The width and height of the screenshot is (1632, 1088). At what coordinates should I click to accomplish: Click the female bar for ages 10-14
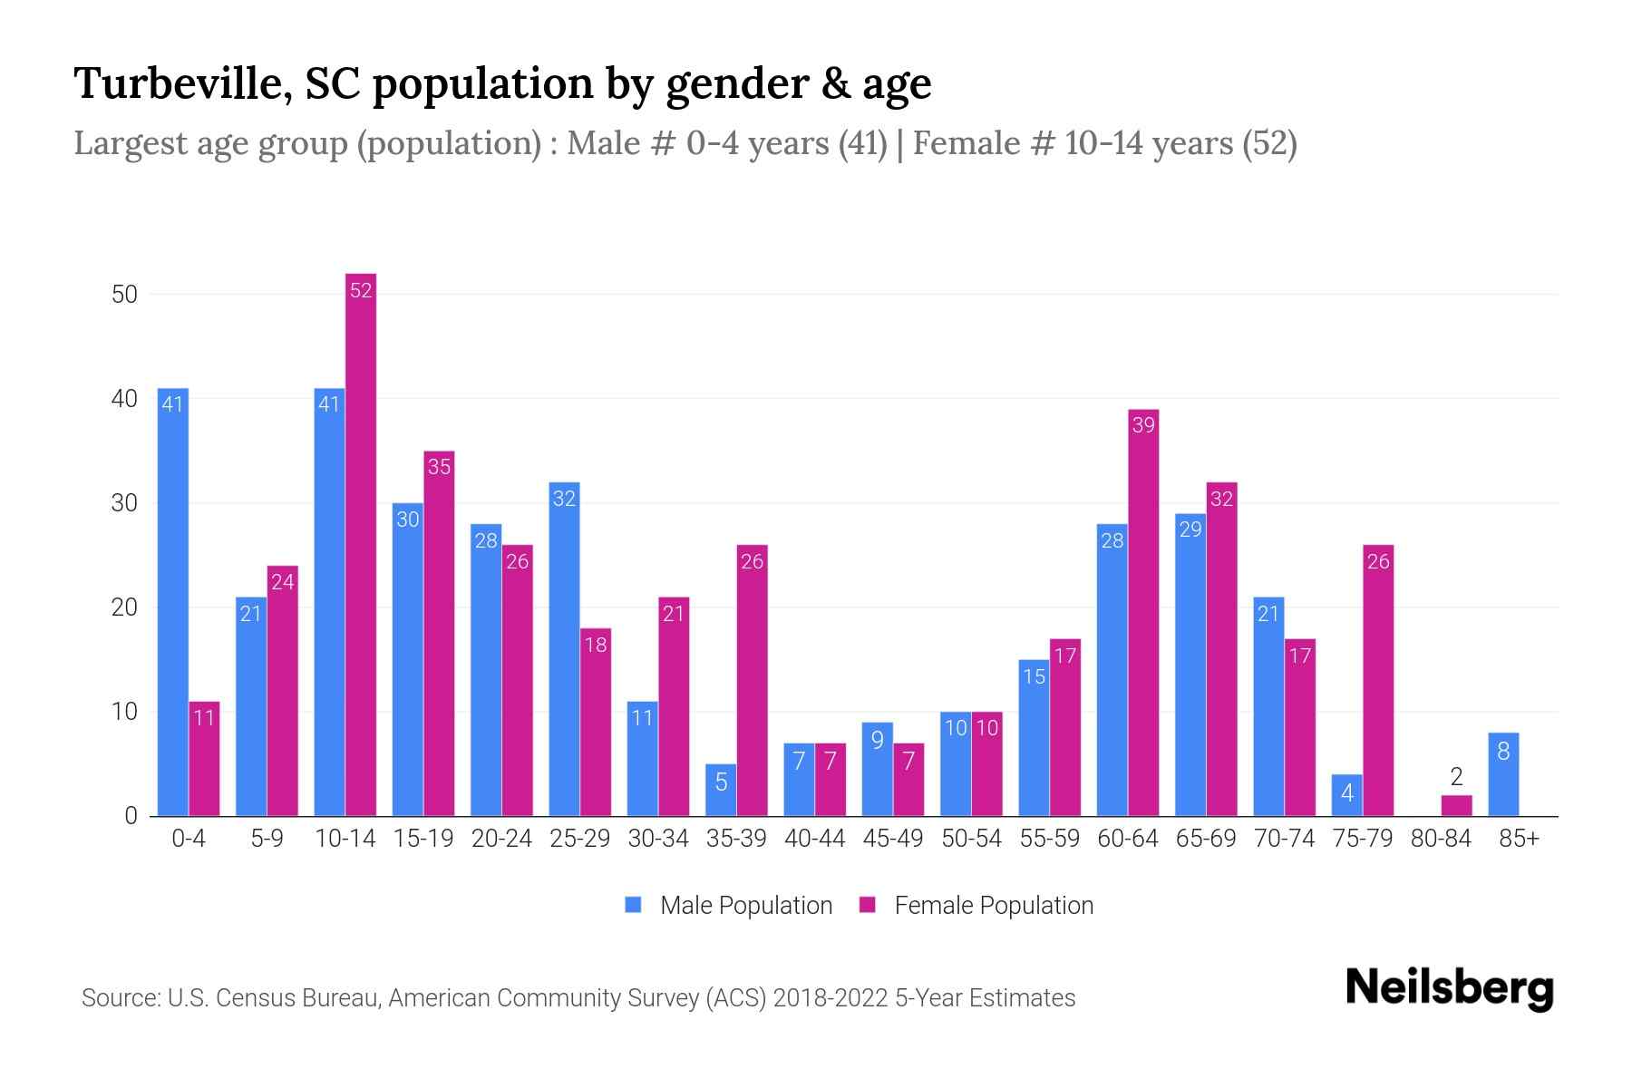click(361, 544)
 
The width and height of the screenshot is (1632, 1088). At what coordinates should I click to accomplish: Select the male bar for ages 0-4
click(172, 603)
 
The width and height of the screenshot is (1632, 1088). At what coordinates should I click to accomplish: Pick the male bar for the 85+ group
click(1502, 774)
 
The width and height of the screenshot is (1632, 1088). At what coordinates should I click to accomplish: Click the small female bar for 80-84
click(1456, 805)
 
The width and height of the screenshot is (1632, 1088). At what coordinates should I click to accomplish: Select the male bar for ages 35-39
click(721, 790)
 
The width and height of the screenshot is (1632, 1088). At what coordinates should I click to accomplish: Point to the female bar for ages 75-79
click(1378, 680)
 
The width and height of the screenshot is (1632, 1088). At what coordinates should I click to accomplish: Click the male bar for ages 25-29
click(564, 648)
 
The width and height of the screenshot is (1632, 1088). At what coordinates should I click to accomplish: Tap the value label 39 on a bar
click(1143, 425)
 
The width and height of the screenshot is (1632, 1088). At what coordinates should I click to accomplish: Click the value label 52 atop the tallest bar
click(361, 290)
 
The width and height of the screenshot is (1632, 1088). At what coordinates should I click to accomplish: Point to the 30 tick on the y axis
click(124, 503)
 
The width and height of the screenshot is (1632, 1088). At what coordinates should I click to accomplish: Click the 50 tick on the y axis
click(124, 295)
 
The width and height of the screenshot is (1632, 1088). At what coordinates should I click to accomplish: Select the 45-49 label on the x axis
click(892, 839)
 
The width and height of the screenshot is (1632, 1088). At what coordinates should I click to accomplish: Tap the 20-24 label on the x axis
click(501, 839)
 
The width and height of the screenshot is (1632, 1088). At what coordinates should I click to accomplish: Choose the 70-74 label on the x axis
click(1284, 839)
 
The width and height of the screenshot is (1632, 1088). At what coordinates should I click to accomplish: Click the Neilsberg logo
click(1449, 988)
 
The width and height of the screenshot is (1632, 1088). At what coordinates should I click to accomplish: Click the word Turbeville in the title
click(181, 83)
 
